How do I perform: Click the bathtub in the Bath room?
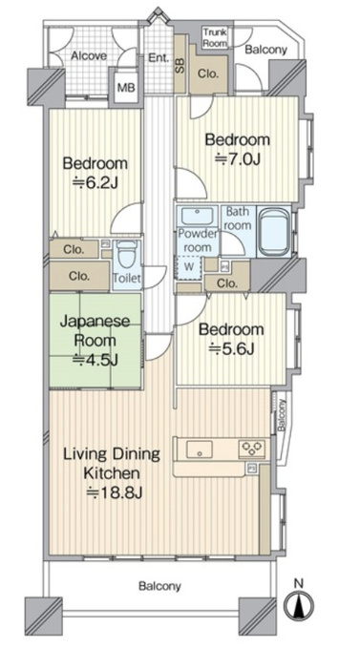273,231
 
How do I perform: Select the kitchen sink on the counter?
199,450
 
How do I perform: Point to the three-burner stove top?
252,449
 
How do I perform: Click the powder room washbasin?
197,216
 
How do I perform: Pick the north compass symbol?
298,602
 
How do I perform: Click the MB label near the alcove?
125,88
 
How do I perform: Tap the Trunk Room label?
215,37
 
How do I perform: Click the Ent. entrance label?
159,57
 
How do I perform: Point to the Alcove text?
89,56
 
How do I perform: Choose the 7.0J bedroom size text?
238,158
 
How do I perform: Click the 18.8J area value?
115,493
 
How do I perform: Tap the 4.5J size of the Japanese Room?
95,360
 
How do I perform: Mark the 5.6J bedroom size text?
231,349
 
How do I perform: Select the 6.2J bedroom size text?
95,182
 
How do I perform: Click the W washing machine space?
188,267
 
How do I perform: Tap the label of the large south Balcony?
159,586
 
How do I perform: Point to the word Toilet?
127,278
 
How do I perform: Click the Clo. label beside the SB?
207,74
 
